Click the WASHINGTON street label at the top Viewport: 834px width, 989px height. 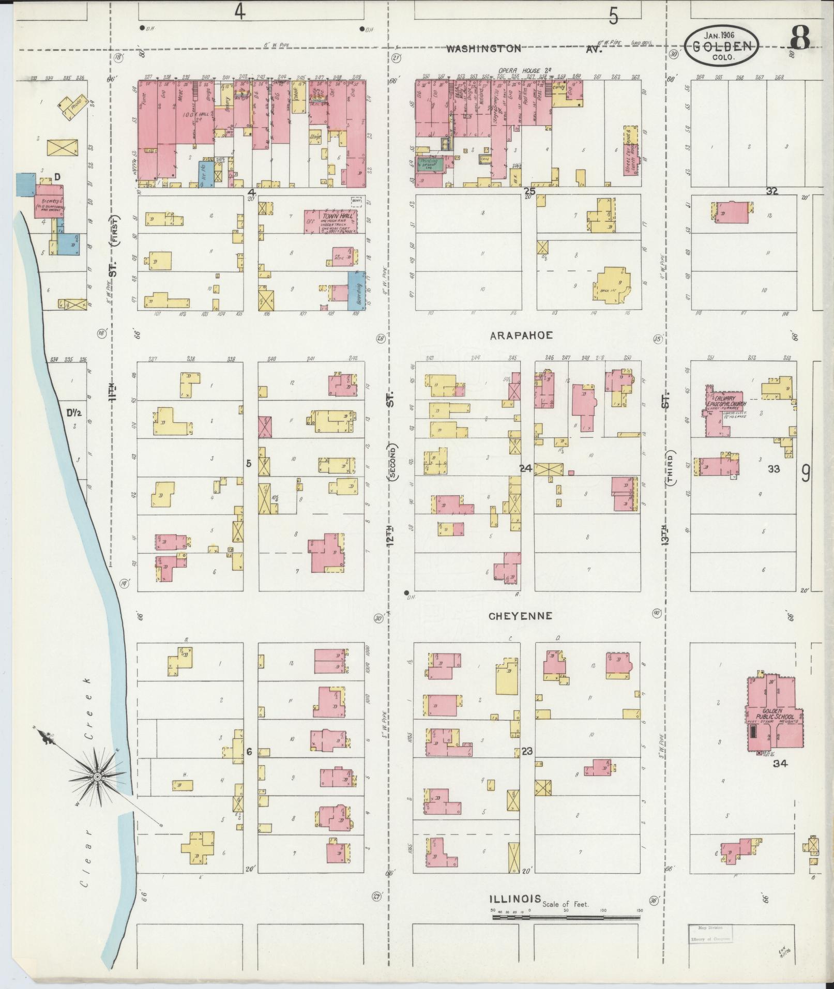484,49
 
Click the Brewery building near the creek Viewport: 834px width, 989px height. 48,205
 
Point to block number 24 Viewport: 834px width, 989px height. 525,468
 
